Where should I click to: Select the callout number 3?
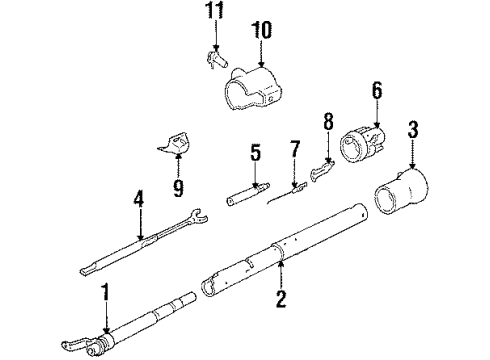tap(412, 129)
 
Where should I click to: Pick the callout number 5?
tap(256, 153)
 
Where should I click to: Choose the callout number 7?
tap(294, 151)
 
